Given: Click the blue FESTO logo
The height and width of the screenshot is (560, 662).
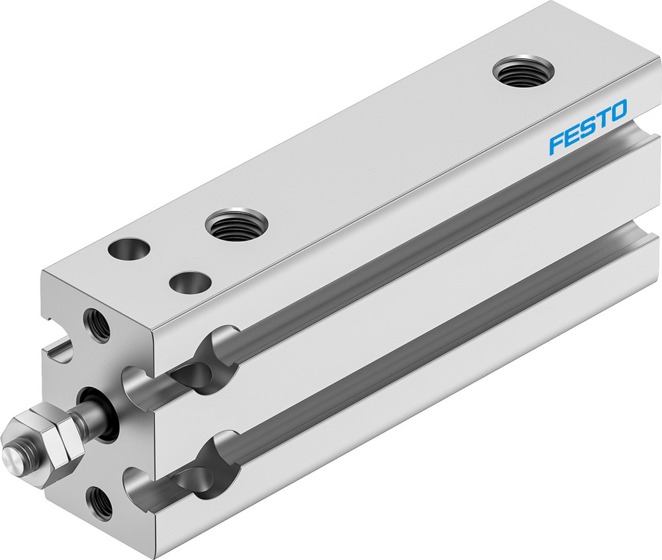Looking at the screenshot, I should click(x=587, y=119).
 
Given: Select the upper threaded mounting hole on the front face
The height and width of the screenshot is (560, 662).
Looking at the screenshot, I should click(x=97, y=325).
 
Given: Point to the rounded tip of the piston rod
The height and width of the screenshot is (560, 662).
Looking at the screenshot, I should click(x=11, y=457).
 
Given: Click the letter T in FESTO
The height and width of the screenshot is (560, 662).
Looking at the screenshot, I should click(x=601, y=114).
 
